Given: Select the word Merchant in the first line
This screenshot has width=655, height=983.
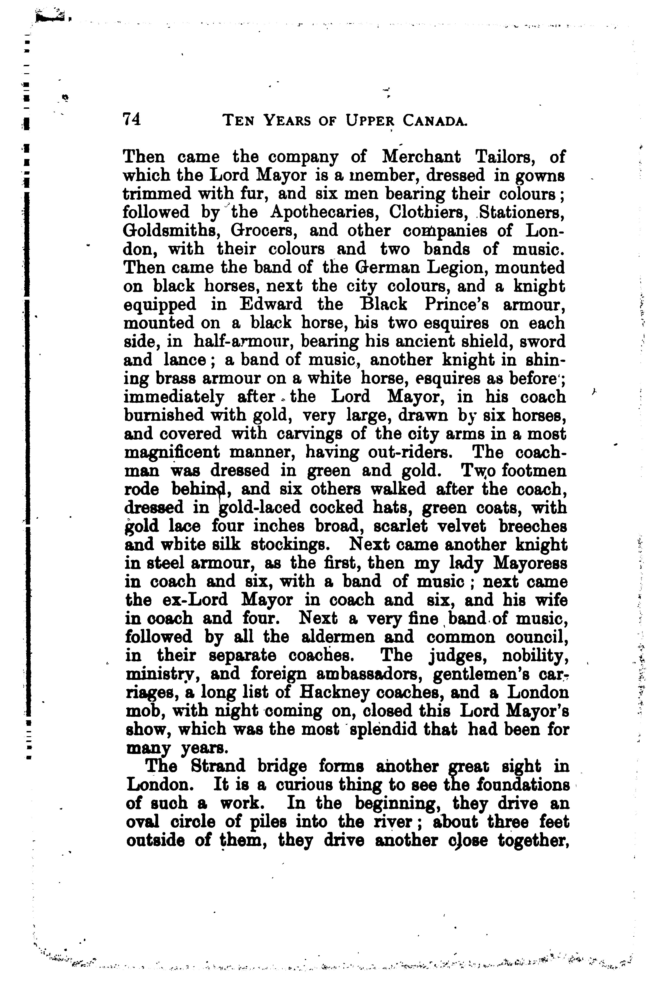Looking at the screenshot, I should click(422, 157).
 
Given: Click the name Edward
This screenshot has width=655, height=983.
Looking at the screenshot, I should click(271, 304).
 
